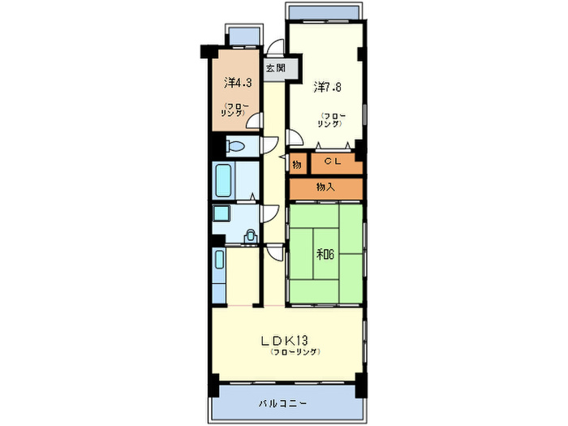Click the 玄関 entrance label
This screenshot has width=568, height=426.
pos(276,68)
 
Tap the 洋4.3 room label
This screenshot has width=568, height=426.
pos(238,83)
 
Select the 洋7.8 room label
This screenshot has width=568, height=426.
pos(327,87)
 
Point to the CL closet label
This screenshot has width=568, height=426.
pos(333,161)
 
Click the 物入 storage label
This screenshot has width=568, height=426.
pos(325,187)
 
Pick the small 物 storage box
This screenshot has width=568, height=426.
pos(298,165)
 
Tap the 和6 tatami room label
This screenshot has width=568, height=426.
pos(325,255)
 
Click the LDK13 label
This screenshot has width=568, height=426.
pos(285,341)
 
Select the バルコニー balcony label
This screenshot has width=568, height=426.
pos(282,403)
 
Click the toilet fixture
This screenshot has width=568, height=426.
pos(235,147)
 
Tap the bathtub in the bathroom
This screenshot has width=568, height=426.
pos(223,180)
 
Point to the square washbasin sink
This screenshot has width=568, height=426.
pos(220,213)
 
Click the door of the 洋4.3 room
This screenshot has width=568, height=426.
pos(253,121)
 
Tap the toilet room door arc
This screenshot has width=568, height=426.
pos(270,144)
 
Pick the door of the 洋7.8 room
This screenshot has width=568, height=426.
pos(294,138)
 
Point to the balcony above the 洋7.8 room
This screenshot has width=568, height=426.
pos(324,11)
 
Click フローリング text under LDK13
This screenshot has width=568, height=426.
pos(295,352)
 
